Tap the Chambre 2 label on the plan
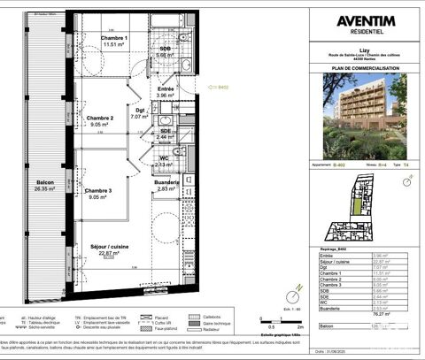[100, 118]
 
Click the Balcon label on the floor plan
[44, 182]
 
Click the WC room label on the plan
[162, 159]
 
